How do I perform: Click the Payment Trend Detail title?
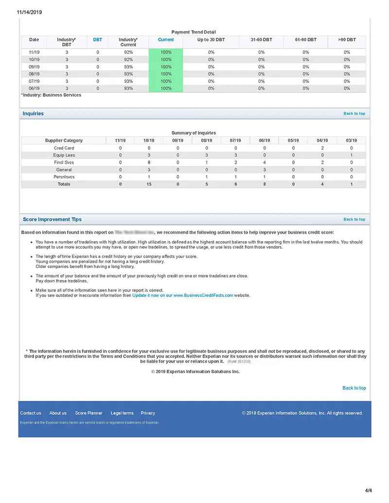click(194, 32)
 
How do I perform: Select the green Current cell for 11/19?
click(166, 52)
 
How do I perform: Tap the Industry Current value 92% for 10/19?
click(128, 59)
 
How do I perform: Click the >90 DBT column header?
click(347, 39)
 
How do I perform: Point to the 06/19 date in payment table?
click(34, 88)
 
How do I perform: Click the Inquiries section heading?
click(33, 114)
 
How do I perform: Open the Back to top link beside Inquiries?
click(354, 114)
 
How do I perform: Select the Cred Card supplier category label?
click(64, 148)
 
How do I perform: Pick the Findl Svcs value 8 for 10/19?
click(149, 162)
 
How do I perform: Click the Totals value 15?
click(149, 184)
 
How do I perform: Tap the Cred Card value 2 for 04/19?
click(322, 148)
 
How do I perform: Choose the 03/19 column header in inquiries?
click(351, 140)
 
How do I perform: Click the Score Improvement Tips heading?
click(53, 220)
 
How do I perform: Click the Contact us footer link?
click(30, 413)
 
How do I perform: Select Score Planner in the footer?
click(88, 413)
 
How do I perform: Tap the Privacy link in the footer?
click(148, 413)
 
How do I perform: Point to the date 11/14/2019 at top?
click(29, 13)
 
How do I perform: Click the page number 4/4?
click(368, 490)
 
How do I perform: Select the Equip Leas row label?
click(64, 155)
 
